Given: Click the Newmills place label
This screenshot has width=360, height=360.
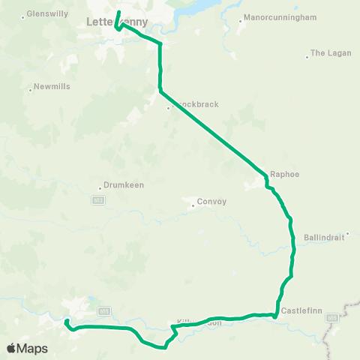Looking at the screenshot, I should pos(52,87).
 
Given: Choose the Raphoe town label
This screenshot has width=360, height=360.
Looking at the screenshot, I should pos(284,174).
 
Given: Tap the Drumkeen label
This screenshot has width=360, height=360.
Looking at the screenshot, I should pos(124,185).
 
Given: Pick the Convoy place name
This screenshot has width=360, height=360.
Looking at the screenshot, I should pos(211,202).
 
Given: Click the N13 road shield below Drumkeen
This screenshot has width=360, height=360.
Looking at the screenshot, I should pos(97,200).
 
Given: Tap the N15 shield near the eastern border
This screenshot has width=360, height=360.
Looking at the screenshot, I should pos(332,318).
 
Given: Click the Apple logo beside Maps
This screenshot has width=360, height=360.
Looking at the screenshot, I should pos(11,348).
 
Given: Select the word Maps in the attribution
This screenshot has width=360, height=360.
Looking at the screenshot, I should pos(32,348).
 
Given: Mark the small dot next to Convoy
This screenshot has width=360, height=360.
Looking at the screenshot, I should pos(193,203).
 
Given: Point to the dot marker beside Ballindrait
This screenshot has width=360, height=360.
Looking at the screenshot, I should pos(347,234).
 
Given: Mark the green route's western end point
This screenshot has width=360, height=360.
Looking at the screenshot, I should pos(66,322).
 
